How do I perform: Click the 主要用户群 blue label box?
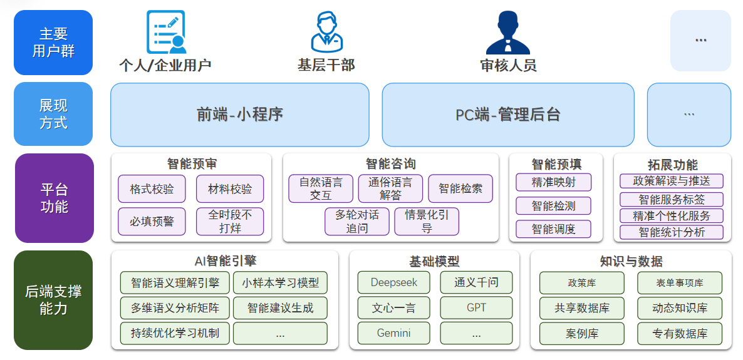click(x=53, y=43)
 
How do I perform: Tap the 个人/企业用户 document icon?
click(x=166, y=31)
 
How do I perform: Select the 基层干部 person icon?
click(x=326, y=31)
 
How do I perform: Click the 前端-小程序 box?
click(x=240, y=115)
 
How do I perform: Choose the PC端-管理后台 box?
click(x=508, y=115)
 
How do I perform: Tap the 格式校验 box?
click(x=152, y=188)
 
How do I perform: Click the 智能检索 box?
click(x=460, y=188)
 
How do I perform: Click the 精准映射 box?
click(x=553, y=182)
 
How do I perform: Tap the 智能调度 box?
click(x=553, y=229)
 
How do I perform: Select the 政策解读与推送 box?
click(x=672, y=181)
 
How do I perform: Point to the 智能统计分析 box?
click(x=672, y=232)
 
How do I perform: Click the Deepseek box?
click(x=394, y=282)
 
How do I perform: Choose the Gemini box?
click(x=394, y=333)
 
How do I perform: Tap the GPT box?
click(x=476, y=308)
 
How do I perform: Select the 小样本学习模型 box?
click(x=280, y=282)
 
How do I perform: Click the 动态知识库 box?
click(x=680, y=308)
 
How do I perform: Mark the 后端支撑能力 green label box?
click(x=53, y=300)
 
